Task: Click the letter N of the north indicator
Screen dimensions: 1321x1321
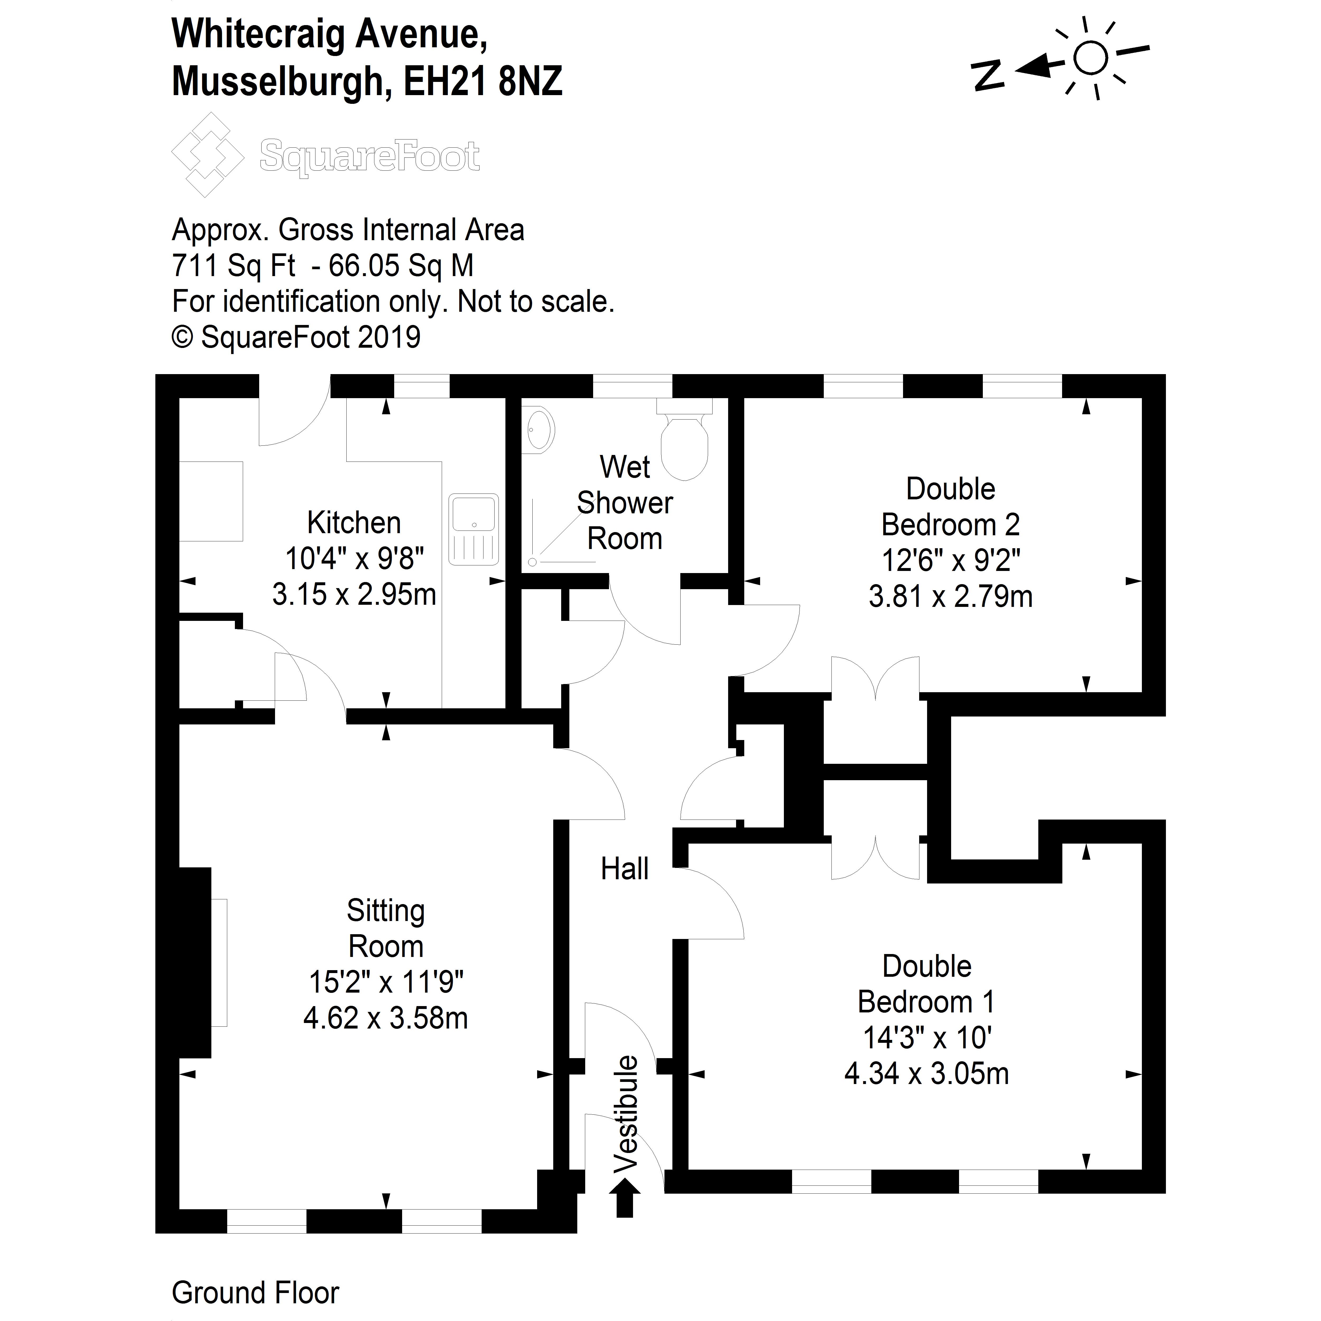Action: [988, 75]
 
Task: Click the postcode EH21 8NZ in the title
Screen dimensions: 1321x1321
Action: [483, 81]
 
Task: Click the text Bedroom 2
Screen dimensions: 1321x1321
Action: [950, 525]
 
